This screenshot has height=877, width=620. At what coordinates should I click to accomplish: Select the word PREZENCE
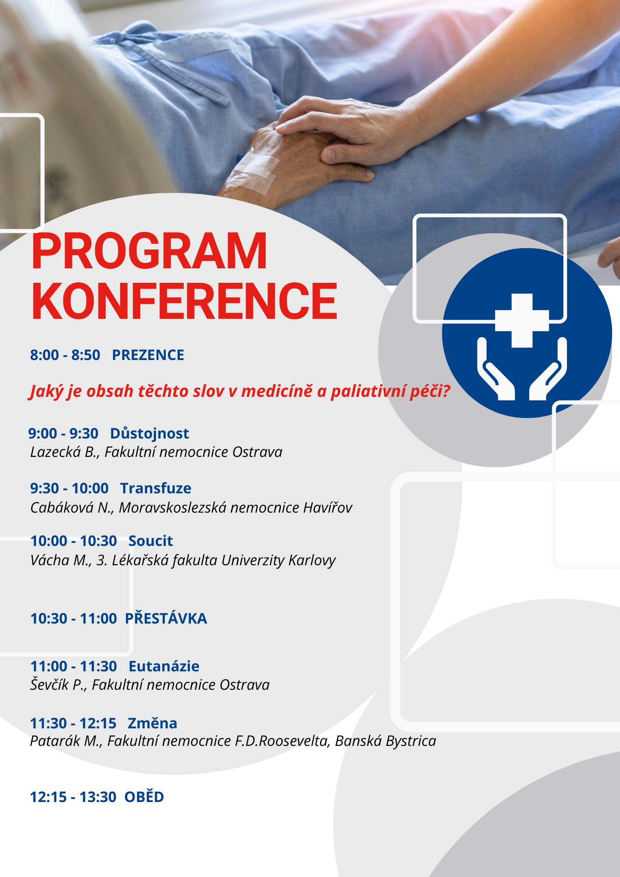click(x=148, y=355)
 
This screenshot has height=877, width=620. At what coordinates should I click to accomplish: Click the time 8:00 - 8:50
click(x=65, y=355)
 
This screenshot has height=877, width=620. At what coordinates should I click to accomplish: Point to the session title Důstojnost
click(x=150, y=433)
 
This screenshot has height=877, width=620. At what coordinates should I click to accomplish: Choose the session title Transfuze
click(x=156, y=488)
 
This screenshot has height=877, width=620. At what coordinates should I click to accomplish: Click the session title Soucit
click(x=151, y=541)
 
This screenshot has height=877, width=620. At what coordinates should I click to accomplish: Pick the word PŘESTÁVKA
click(x=166, y=618)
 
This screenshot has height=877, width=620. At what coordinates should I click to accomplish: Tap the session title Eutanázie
click(x=164, y=667)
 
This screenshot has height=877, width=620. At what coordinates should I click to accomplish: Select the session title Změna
click(x=153, y=723)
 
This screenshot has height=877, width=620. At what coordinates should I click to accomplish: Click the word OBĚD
click(x=144, y=796)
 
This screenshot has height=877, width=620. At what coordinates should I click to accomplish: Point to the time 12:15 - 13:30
click(x=73, y=797)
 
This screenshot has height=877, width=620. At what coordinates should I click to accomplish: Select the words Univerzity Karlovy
click(x=278, y=560)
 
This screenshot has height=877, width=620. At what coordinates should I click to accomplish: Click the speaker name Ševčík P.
click(x=58, y=684)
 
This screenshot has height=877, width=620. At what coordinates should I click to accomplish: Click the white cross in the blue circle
click(x=522, y=321)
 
